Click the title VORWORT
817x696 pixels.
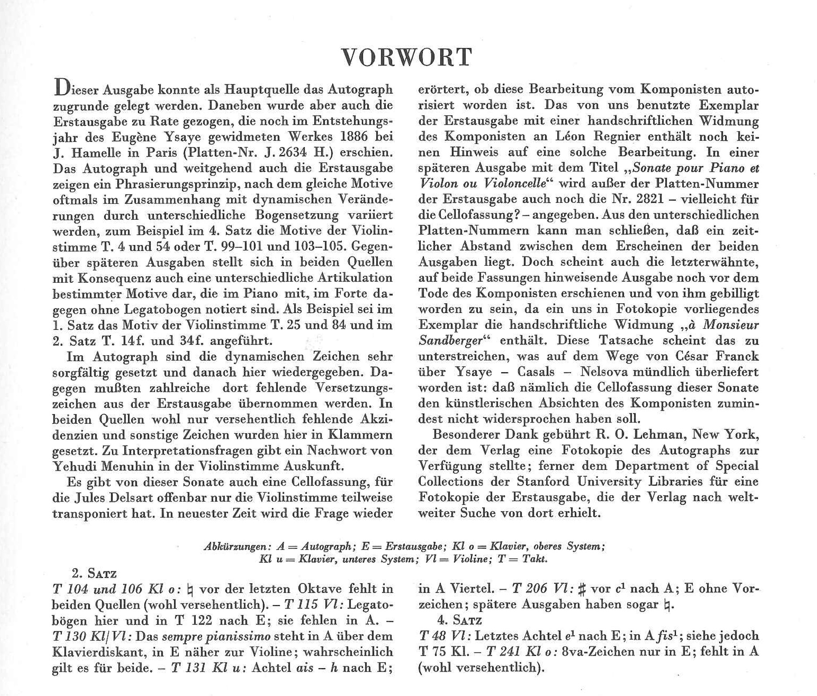point(407,57)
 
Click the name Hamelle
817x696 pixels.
point(94,152)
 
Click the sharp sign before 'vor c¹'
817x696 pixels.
point(582,589)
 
